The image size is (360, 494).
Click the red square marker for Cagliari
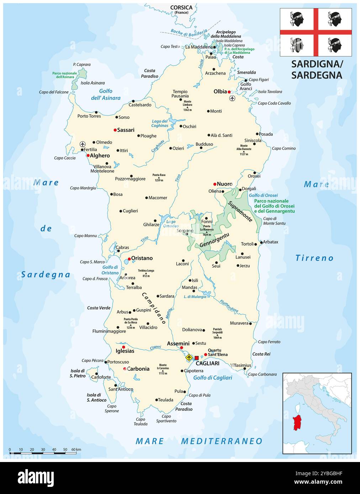[196, 358]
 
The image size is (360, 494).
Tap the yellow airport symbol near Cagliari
[189, 358]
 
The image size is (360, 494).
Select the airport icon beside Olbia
[233, 98]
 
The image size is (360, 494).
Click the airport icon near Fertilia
[83, 144]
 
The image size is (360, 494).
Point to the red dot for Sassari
[115, 130]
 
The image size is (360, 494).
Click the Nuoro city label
[224, 184]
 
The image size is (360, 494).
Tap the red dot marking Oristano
[129, 259]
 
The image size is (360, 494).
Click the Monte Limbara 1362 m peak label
[187, 106]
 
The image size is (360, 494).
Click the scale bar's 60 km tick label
[76, 450]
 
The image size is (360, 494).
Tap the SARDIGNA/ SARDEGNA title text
[317, 69]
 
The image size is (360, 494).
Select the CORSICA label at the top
[181, 7]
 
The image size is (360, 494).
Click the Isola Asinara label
[92, 83]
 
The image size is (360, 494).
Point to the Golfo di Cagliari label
[212, 377]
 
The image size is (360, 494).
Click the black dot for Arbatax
[261, 242]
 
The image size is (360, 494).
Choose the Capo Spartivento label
[166, 419]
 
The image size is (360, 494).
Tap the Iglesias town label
[125, 351]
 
